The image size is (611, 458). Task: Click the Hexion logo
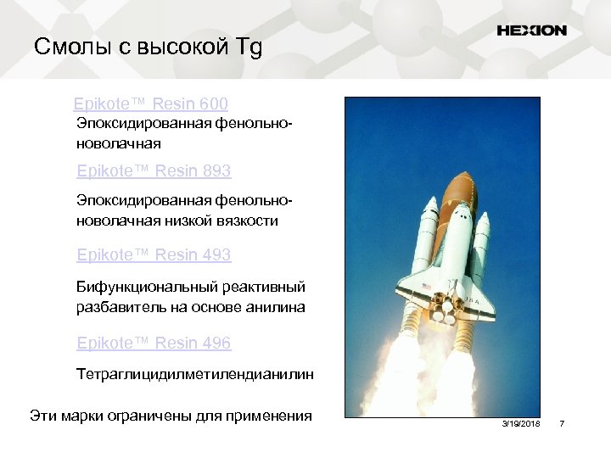(531, 31)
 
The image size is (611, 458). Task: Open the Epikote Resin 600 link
(150, 104)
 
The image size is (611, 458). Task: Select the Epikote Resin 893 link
(153, 171)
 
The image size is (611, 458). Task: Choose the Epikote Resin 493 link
(153, 254)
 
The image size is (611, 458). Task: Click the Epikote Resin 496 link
(153, 343)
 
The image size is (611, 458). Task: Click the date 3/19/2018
(520, 423)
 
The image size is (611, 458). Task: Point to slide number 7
(561, 423)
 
